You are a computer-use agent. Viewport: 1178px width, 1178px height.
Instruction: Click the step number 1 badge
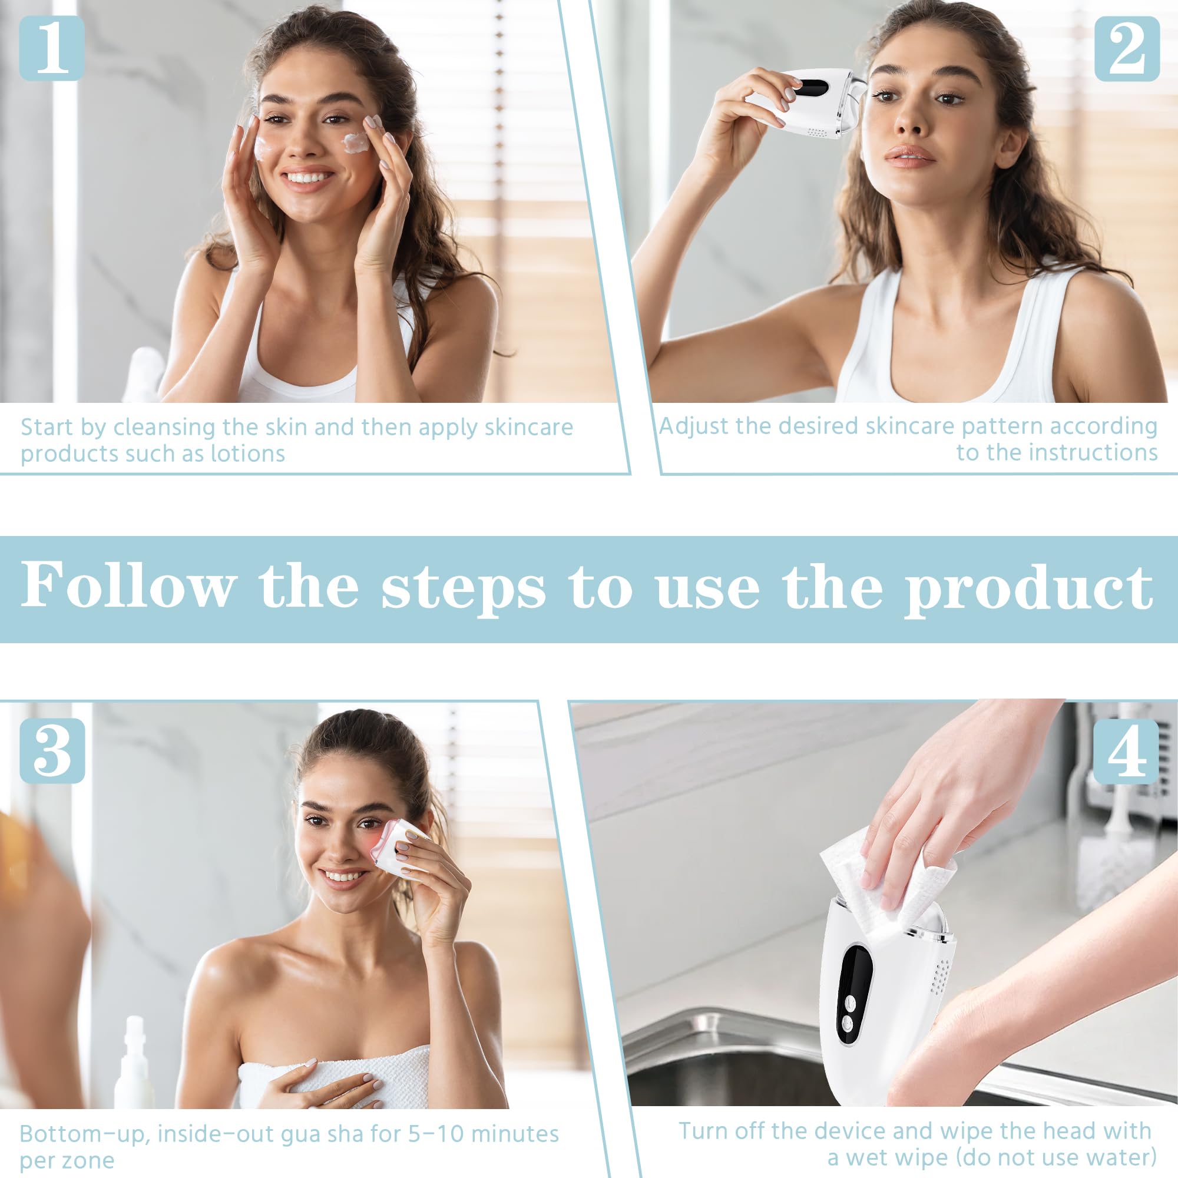52,48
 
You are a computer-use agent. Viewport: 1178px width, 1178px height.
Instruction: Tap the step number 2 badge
1127,49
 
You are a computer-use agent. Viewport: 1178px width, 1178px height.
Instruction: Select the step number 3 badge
52,750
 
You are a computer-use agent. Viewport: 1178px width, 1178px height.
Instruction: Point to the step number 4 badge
1126,751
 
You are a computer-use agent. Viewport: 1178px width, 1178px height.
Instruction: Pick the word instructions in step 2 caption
1088,453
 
